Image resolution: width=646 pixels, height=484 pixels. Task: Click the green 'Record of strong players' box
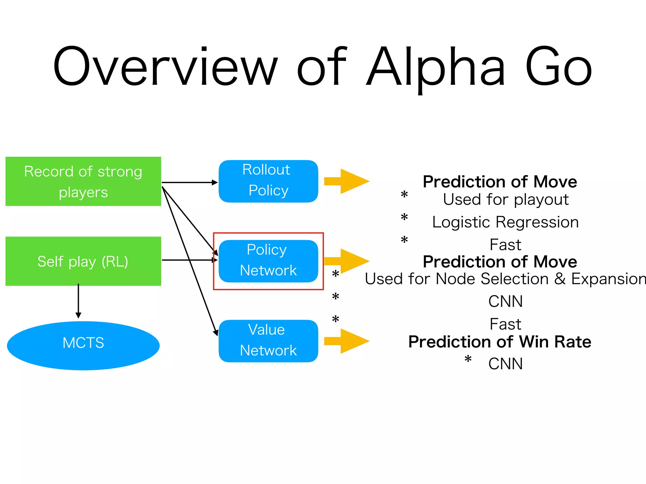point(83,181)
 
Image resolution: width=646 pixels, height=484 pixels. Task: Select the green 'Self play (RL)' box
point(83,261)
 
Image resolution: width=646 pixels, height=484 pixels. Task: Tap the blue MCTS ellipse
point(83,345)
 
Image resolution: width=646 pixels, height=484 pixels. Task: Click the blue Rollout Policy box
point(268,181)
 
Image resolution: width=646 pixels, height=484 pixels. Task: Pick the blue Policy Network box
point(268,261)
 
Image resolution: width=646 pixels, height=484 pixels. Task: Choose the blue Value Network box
point(268,341)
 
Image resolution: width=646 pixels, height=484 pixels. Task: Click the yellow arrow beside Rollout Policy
point(347,181)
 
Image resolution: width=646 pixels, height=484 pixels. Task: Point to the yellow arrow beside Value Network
point(347,341)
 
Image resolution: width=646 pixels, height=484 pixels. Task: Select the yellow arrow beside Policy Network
point(347,261)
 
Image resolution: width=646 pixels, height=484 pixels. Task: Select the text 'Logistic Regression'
point(505,222)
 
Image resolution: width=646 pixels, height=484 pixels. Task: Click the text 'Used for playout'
point(506,199)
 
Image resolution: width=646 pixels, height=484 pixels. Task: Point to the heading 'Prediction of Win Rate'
point(500,342)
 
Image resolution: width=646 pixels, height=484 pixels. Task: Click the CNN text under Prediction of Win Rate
point(505,364)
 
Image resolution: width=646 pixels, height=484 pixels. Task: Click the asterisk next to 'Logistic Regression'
point(404,218)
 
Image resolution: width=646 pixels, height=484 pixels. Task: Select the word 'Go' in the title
point(558,67)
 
